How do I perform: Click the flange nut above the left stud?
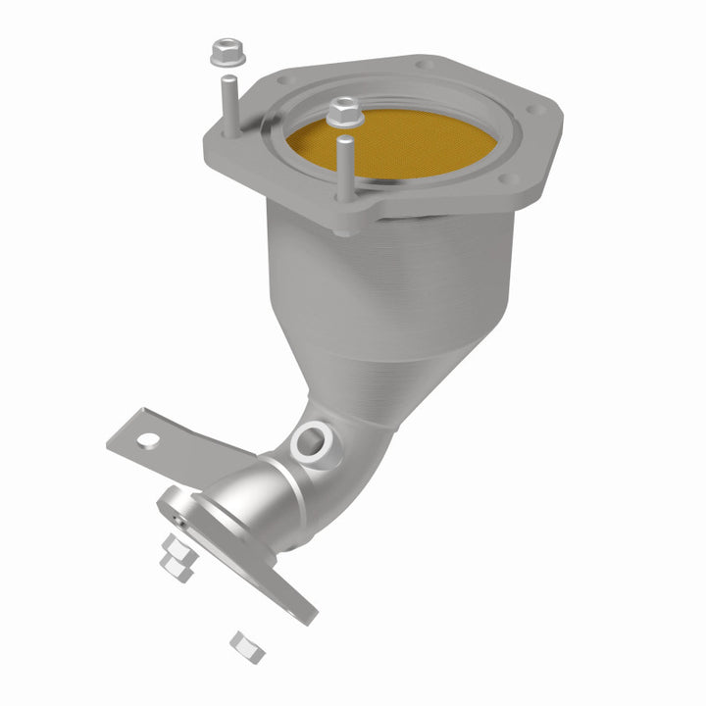click(223, 50)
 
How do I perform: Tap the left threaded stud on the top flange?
click(227, 104)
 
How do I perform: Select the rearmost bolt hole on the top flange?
click(424, 66)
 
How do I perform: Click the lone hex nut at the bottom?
click(241, 642)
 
